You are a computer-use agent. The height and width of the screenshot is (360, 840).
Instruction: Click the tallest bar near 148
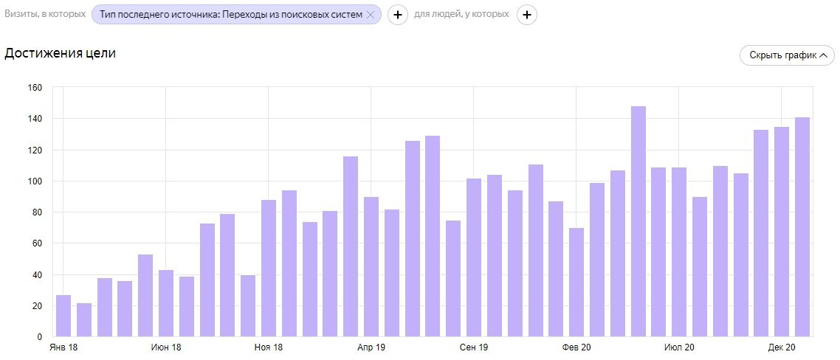pos(638,221)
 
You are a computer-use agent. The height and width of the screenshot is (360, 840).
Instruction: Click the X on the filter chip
pos(371,15)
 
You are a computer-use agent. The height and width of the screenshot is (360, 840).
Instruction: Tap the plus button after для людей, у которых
pos(526,15)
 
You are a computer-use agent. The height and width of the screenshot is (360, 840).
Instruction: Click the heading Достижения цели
pos(61,53)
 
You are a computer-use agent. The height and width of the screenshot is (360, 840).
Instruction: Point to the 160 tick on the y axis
pos(35,88)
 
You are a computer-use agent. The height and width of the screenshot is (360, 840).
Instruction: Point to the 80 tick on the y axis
pos(37,212)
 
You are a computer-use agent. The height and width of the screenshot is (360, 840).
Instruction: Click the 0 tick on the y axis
pos(40,337)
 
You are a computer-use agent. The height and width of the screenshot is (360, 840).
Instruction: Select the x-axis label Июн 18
pos(165,347)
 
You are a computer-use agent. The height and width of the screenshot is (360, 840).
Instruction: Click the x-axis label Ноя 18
pos(268,347)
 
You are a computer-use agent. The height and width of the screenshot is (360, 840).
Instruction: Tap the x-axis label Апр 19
pos(371,347)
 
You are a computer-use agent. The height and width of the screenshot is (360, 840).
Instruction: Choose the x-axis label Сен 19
pos(473,347)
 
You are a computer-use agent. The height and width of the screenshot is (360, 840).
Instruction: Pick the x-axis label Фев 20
pos(576,347)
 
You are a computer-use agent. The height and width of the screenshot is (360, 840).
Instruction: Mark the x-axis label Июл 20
pos(679,347)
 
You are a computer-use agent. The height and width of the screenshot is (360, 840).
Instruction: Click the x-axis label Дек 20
pos(781,347)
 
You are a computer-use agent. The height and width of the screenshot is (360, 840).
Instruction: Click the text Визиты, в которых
pos(45,15)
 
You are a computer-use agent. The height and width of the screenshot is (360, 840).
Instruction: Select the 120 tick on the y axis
pos(35,150)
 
